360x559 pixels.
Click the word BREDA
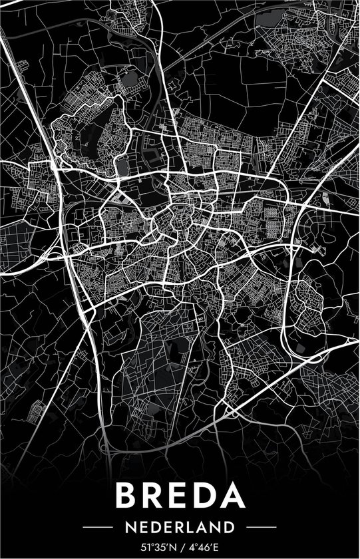(x=180, y=496)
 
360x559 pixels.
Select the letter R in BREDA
(x=154, y=496)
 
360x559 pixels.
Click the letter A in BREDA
(x=233, y=496)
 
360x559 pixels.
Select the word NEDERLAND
(x=180, y=527)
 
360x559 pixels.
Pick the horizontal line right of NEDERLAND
(x=257, y=527)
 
